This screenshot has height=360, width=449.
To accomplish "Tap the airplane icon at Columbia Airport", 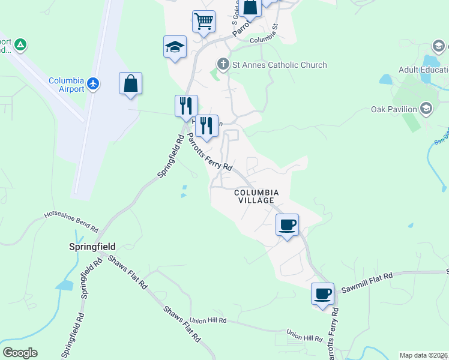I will (93, 83).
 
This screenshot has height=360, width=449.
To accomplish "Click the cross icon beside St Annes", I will (223, 64).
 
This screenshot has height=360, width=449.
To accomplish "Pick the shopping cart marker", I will (203, 21).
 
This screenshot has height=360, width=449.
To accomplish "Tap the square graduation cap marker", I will (175, 46).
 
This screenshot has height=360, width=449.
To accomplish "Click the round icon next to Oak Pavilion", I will (426, 109).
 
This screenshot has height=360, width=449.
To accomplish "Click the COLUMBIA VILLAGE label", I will (255, 196).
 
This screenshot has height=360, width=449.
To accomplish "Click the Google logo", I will (20, 352).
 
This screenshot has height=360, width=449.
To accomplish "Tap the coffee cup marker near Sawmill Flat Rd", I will (323, 293).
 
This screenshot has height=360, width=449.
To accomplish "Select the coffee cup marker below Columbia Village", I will (287, 224).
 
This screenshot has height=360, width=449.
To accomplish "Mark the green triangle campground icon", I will (20, 44).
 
